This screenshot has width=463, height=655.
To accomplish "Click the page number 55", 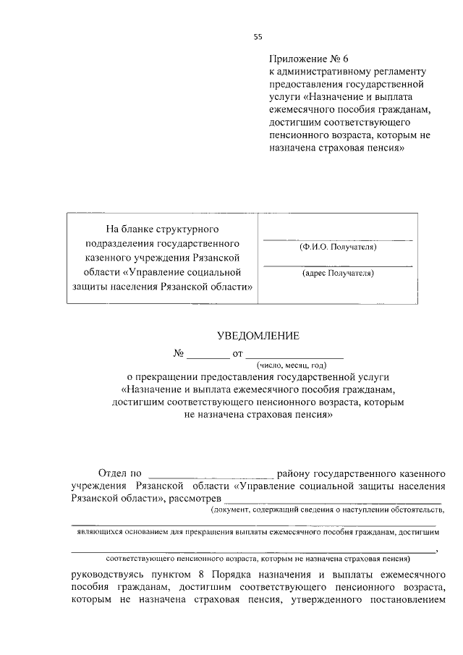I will tap(258, 37).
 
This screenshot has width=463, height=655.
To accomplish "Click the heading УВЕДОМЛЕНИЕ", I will tap(258, 335).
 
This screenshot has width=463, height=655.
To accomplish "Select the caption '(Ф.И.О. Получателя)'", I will tap(337, 247).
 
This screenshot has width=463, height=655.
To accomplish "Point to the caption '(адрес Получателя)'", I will tap(337, 274).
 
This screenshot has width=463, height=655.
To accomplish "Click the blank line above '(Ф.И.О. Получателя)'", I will tap(337, 238).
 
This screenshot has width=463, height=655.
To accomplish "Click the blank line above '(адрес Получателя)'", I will tap(337, 266).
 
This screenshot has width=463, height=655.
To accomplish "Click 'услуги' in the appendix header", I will tap(286, 98).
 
